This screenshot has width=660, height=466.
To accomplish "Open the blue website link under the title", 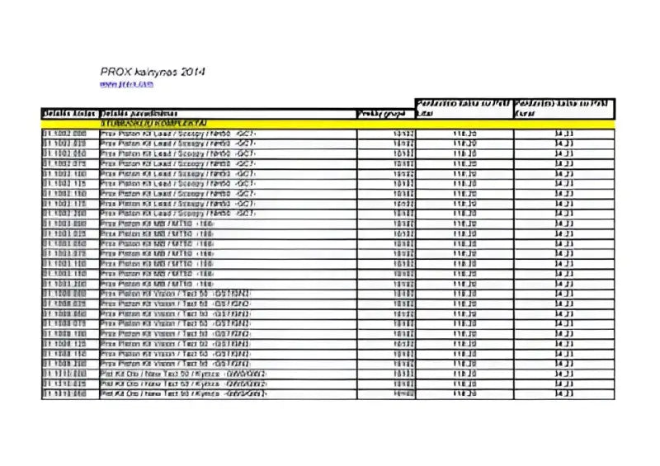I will (127, 84).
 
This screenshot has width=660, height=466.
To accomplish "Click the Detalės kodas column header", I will (69, 113).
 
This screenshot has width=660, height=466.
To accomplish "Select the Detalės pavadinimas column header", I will (137, 113).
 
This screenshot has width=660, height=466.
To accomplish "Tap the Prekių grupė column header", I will (384, 113).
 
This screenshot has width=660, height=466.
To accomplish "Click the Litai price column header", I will (463, 108).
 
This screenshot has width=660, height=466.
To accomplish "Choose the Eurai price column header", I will (563, 108).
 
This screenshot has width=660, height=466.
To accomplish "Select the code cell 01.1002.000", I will (64, 133).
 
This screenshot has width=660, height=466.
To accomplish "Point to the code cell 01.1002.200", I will (64, 214).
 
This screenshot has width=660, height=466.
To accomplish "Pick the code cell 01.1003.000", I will (64, 224).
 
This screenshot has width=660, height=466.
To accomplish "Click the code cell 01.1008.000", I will (64, 294).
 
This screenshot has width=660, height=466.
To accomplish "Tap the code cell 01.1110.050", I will (64, 394).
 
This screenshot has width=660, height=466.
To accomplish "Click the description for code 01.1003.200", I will (158, 284).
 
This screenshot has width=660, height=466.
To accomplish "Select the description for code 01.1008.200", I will (176, 364).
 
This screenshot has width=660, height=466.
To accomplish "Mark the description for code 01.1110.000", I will (183, 374).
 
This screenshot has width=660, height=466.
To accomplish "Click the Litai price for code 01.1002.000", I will (464, 133).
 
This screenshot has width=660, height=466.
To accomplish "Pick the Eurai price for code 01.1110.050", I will (564, 394).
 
